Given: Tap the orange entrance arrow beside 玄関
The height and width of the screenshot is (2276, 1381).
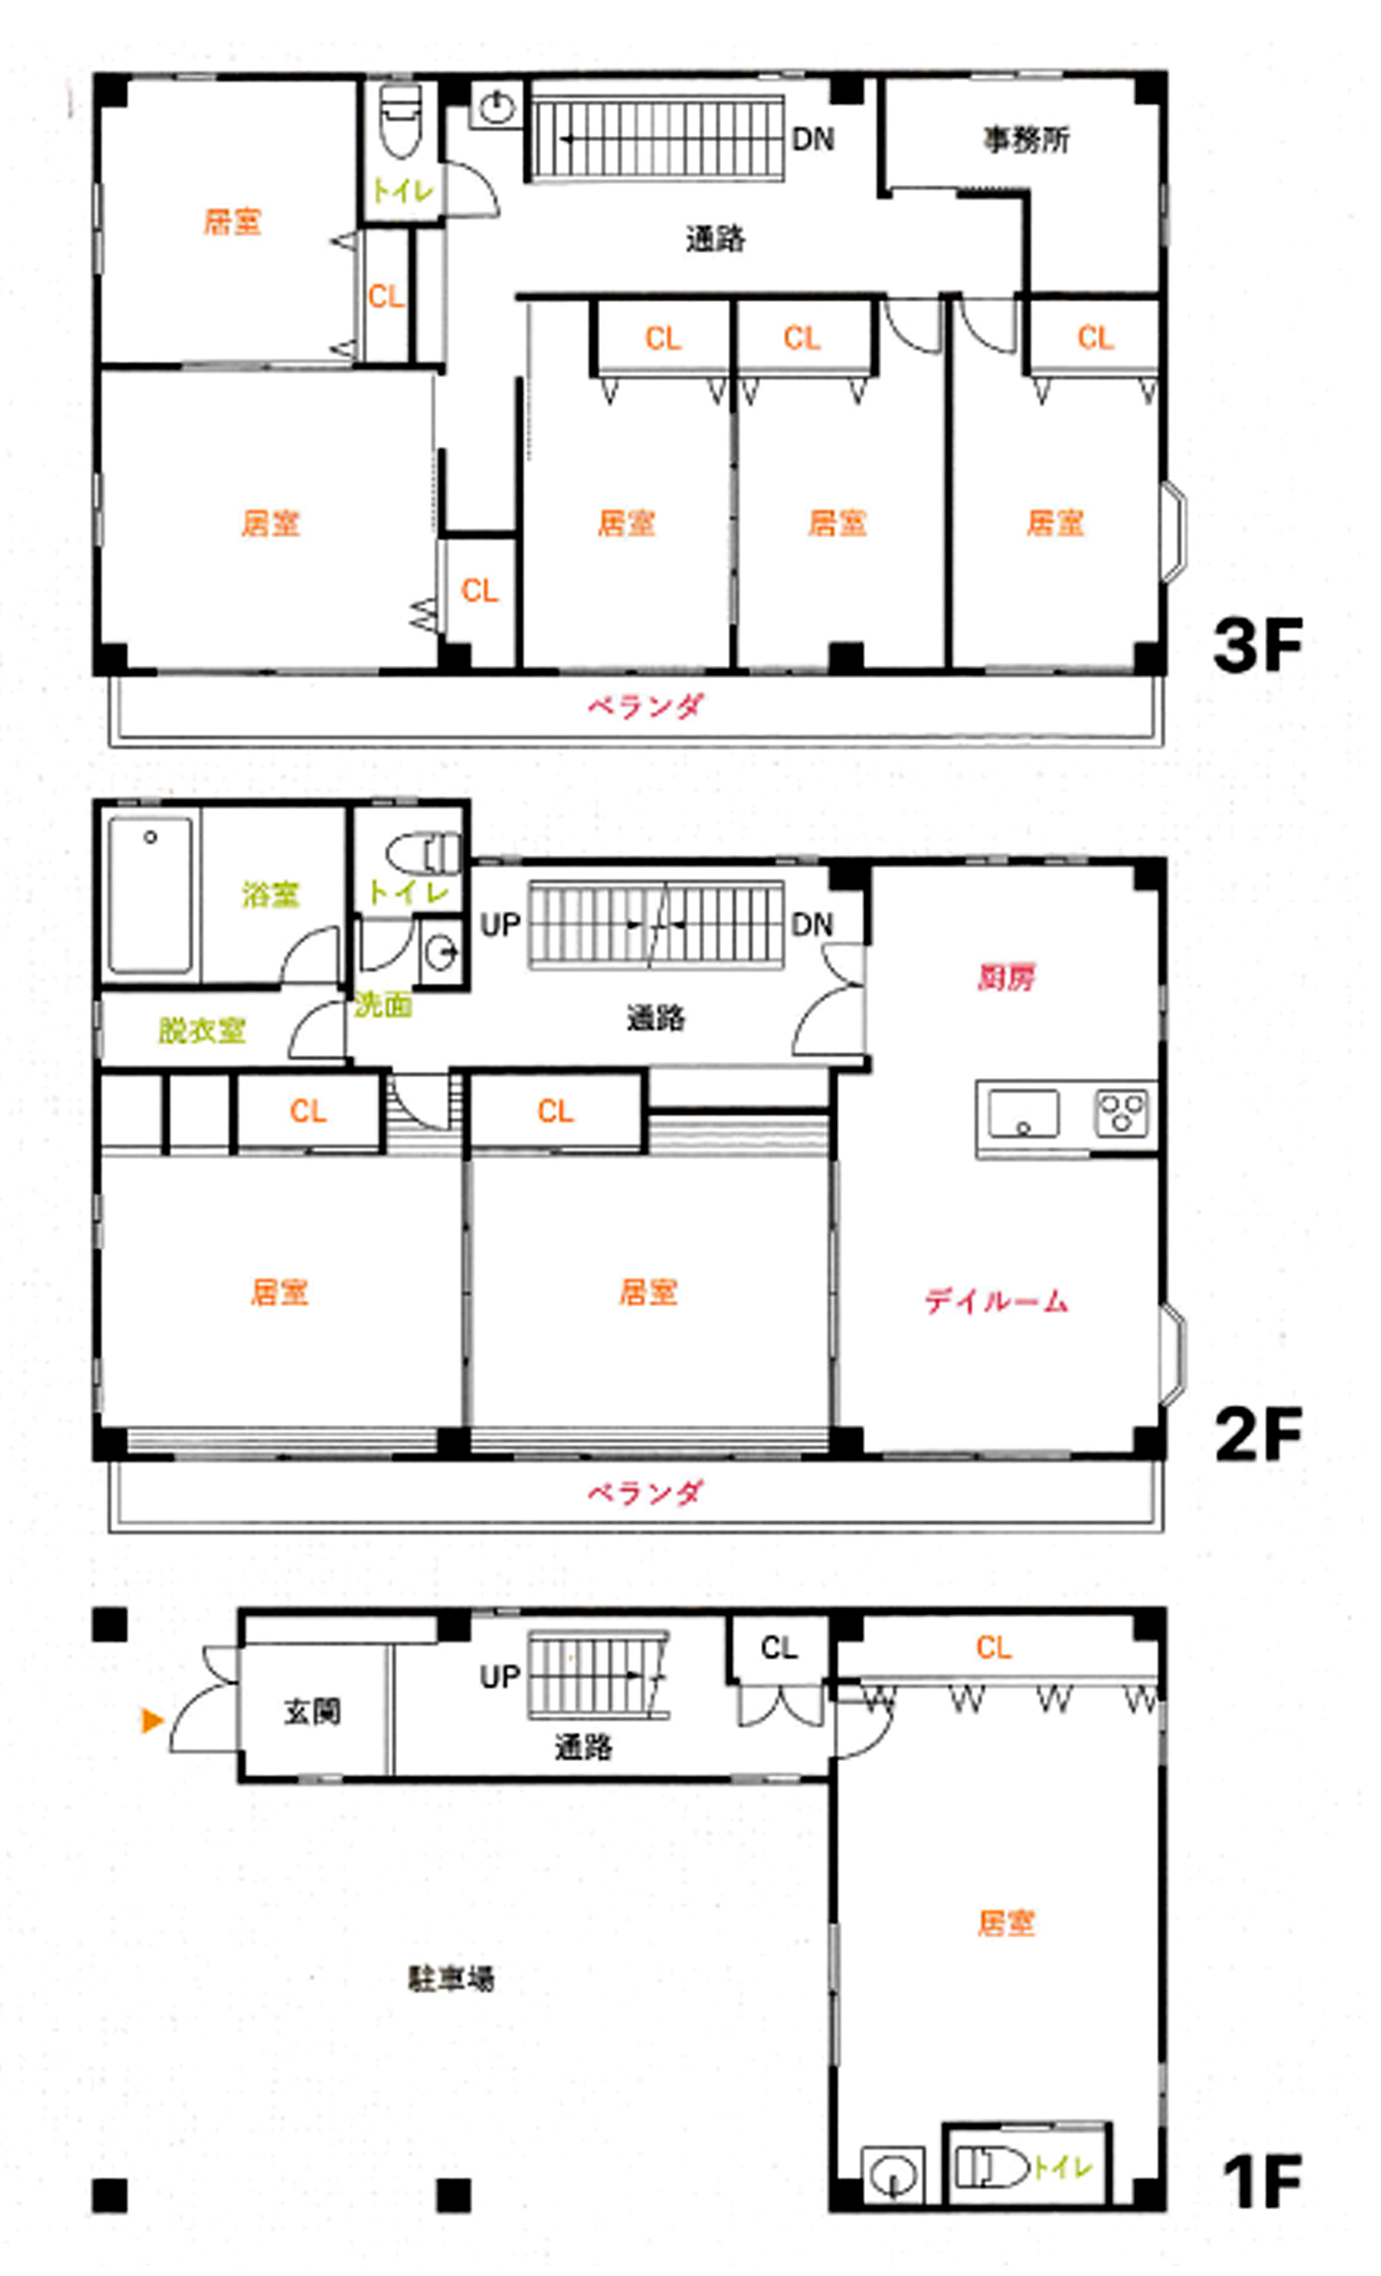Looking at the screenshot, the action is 153,1720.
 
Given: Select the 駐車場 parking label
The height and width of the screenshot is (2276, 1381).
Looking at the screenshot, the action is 451,1979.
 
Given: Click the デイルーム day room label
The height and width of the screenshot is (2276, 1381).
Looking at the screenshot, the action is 996,1302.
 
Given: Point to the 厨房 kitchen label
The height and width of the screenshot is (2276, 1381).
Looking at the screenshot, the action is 1006,977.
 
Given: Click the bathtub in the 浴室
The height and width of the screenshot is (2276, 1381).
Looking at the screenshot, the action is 150,894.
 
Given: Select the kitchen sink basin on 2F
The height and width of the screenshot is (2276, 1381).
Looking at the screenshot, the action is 1024,1113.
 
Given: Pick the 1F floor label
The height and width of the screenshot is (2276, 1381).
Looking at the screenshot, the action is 1262,2182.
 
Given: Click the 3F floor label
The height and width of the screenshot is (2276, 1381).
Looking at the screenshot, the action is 1258,645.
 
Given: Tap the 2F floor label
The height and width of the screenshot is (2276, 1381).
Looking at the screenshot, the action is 1258,1434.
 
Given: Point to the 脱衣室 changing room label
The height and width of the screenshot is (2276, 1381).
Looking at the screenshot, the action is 203,1031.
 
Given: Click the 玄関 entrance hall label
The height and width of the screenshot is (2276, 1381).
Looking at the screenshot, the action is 312,1712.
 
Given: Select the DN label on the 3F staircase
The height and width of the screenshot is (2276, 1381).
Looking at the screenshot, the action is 813,140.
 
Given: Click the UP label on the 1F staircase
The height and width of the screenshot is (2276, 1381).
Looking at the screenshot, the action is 500,1677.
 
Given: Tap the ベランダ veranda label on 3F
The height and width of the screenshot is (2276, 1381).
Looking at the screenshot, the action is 646,706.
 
